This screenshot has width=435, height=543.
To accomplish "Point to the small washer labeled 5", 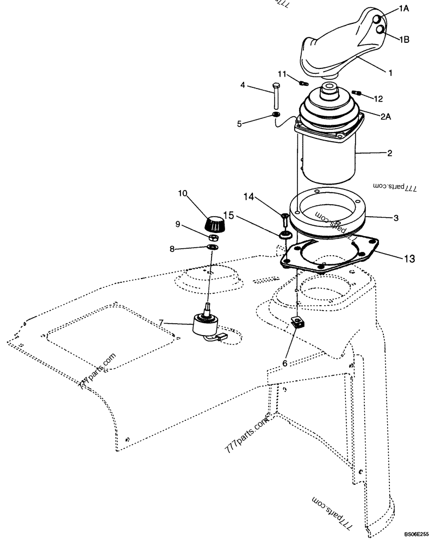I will point(276,116).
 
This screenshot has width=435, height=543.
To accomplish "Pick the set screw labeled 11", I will point(303,83).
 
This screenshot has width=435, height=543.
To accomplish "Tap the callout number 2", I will point(389,154).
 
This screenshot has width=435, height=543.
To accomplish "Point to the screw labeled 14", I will point(285,220).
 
